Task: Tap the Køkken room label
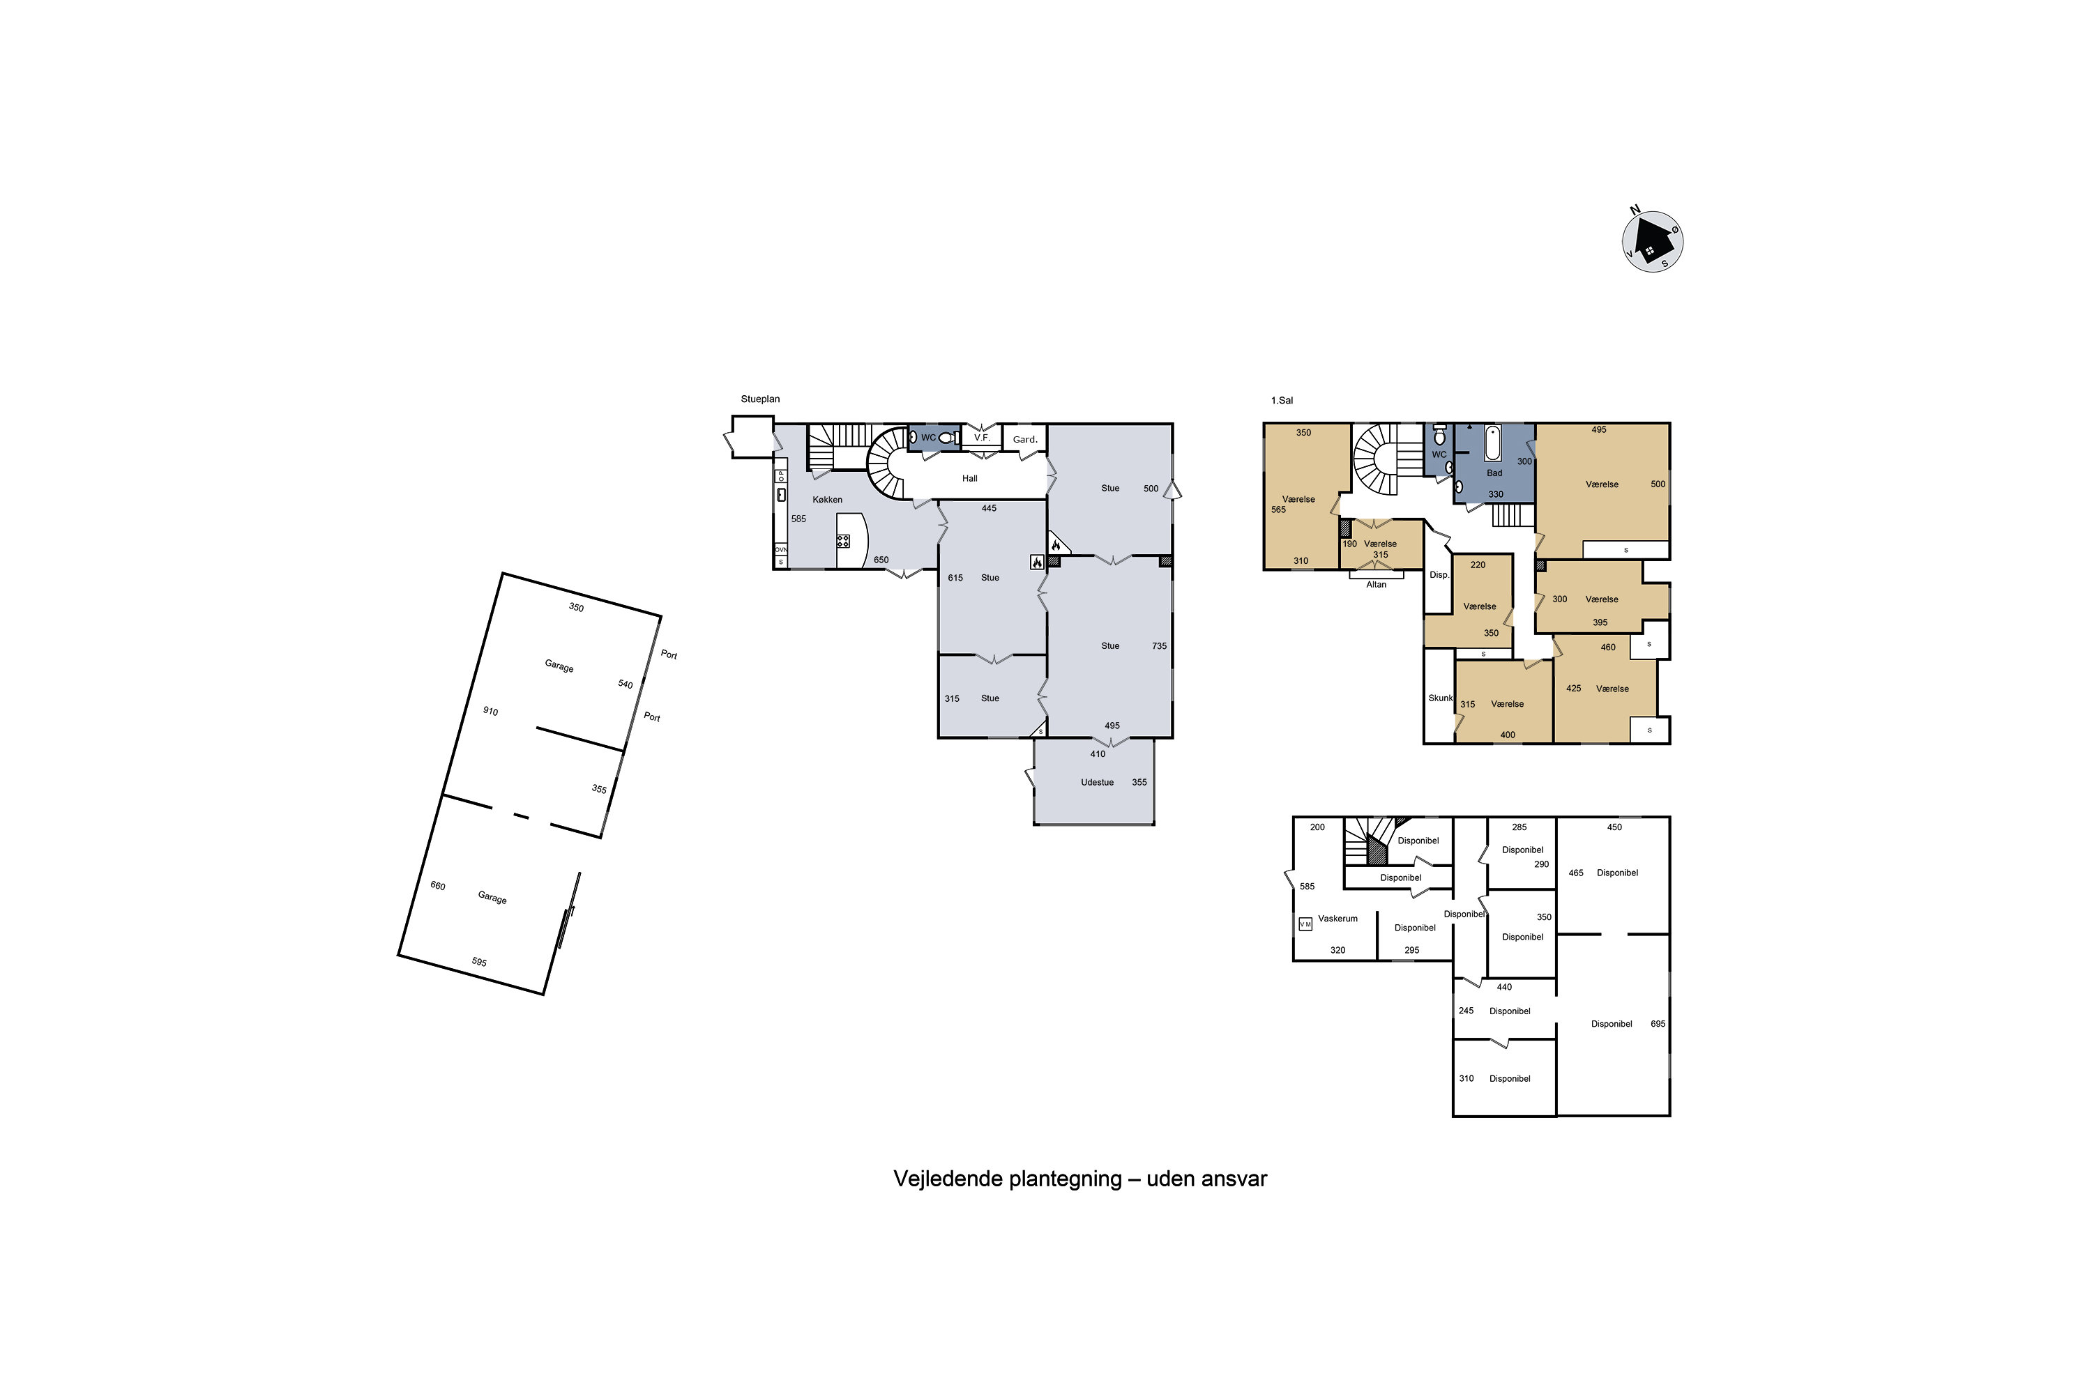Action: point(827,500)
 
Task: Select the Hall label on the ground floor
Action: point(969,478)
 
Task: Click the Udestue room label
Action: point(1097,782)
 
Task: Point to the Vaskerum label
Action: point(1337,919)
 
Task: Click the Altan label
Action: point(1376,584)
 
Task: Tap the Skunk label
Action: point(1440,698)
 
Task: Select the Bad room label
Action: point(1494,473)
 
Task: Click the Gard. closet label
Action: point(1024,439)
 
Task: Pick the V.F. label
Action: point(982,438)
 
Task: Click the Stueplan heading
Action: point(761,399)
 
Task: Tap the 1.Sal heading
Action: point(1282,401)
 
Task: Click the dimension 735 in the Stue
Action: point(1159,646)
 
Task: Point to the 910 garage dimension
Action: point(490,711)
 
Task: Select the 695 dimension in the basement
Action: point(1658,1024)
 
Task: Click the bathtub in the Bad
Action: point(1492,443)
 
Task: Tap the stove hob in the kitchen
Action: point(843,541)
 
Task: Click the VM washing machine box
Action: point(1305,924)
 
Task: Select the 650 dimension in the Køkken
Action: point(881,560)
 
